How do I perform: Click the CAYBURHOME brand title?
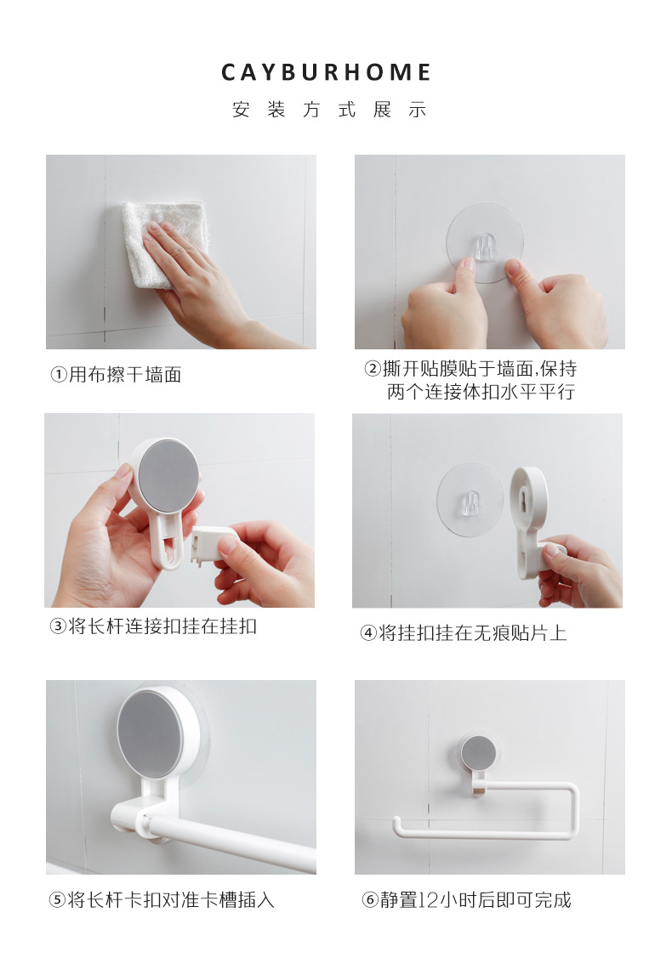pos(327,73)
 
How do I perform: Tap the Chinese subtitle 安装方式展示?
pos(328,110)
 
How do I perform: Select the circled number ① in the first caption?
pos(58,375)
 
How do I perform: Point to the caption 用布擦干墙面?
pos(124,375)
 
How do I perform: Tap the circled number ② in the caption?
pos(373,369)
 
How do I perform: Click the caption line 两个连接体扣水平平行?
pos(481,393)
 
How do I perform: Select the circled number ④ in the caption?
pos(367,633)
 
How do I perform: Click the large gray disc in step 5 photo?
pos(151,733)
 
